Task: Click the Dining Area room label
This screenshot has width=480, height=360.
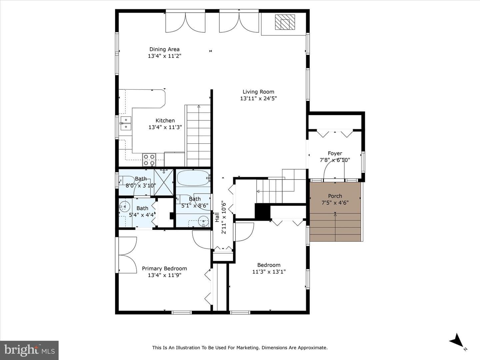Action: coord(164,49)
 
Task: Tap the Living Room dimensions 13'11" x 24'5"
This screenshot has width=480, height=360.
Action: coord(258,99)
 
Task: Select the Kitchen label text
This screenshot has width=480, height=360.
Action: coord(165,121)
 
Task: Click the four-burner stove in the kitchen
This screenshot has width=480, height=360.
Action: coord(149,160)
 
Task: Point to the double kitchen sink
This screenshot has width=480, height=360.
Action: coord(126,123)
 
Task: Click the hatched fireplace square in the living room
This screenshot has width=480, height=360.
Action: coord(285,22)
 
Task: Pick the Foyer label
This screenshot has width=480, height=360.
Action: coord(335,153)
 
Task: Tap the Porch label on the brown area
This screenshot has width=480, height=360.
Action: coord(335,196)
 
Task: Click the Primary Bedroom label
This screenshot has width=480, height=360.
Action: coord(164,268)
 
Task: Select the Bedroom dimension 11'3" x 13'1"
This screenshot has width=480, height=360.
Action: coord(269,272)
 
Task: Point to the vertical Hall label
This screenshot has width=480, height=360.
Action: coord(217,217)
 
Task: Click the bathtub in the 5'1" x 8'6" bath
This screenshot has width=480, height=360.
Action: coord(193,178)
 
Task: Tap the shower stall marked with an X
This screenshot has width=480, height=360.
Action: coord(164,182)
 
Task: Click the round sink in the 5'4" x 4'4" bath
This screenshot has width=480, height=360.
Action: coord(125,206)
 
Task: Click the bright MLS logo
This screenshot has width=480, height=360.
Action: coord(29,350)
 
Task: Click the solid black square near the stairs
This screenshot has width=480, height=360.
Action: coord(263,211)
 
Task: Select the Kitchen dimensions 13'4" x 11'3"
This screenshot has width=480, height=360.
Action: coord(165,127)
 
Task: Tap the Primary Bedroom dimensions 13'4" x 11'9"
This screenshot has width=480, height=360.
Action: coord(165,275)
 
